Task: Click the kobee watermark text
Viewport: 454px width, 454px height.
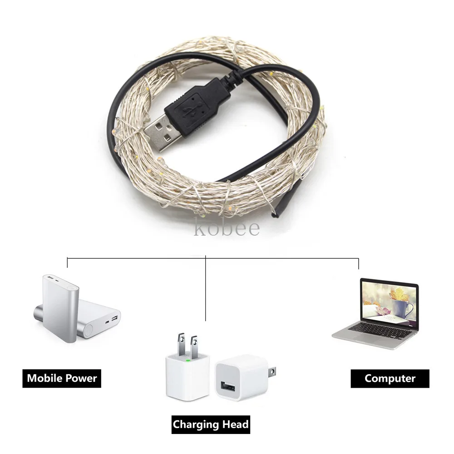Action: pos(227,228)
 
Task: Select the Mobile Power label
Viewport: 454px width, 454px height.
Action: pos(62,378)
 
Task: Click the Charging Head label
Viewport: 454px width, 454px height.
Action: pos(211,424)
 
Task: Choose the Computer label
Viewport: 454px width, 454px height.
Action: pos(390,378)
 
